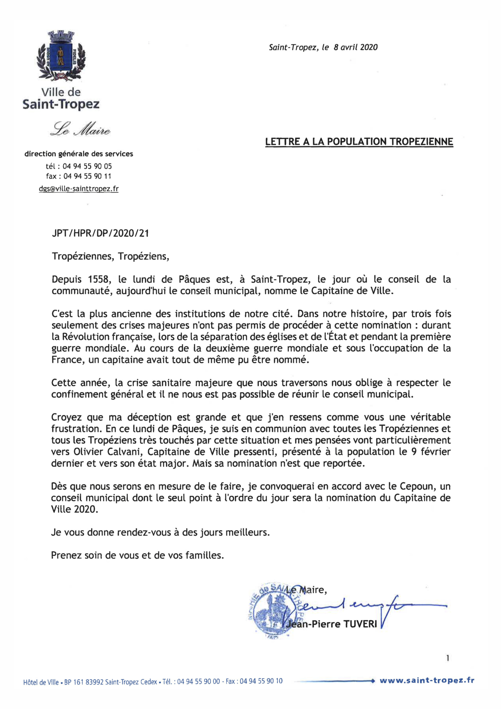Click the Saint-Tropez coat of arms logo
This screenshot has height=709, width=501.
click(x=61, y=55)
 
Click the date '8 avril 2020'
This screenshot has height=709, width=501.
click(x=355, y=47)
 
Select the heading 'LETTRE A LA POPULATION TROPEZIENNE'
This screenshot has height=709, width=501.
click(x=359, y=142)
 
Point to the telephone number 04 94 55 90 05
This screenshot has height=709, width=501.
click(x=87, y=166)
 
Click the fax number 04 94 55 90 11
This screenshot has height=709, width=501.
click(x=87, y=176)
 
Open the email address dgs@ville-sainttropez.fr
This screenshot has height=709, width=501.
click(x=79, y=189)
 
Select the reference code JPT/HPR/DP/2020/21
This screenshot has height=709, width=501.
click(x=100, y=233)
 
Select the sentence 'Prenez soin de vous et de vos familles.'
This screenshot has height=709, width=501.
click(x=137, y=555)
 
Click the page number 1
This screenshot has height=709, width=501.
click(x=448, y=658)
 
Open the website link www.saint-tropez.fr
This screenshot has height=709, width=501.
click(x=427, y=681)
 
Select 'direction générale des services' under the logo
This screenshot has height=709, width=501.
click(x=79, y=154)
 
